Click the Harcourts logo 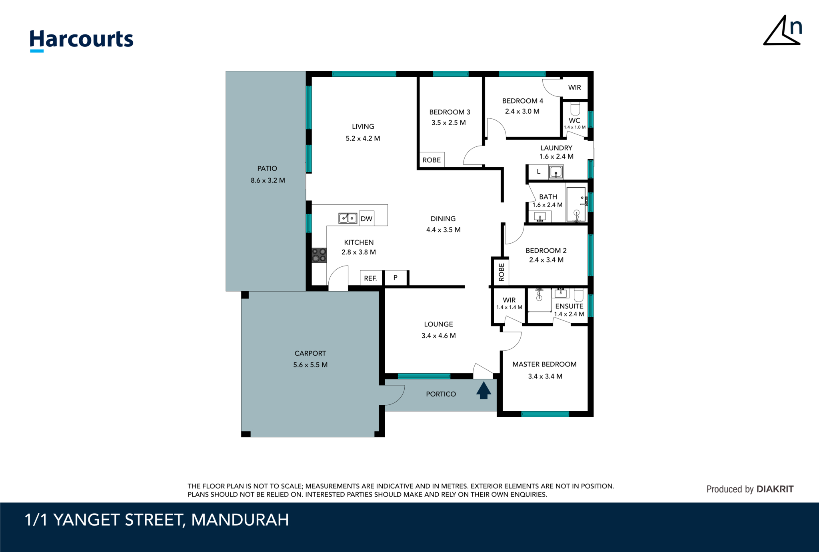tap(82, 40)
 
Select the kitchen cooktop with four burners tap(319, 255)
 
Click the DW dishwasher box tap(366, 218)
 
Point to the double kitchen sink tap(348, 218)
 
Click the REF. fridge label tap(370, 278)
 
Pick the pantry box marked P tap(395, 278)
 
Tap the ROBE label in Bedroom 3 tap(431, 160)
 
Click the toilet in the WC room tap(575, 109)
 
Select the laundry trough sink tap(556, 172)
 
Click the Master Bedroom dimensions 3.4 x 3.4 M tap(545, 376)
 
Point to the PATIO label tap(267, 168)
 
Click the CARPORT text tap(310, 353)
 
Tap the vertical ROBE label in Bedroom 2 tap(501, 272)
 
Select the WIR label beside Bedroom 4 tap(574, 88)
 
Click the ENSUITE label tap(569, 306)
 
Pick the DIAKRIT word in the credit tap(775, 489)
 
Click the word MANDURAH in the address tap(240, 520)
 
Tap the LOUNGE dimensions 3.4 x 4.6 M tap(438, 336)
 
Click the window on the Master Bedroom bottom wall tap(545, 414)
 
